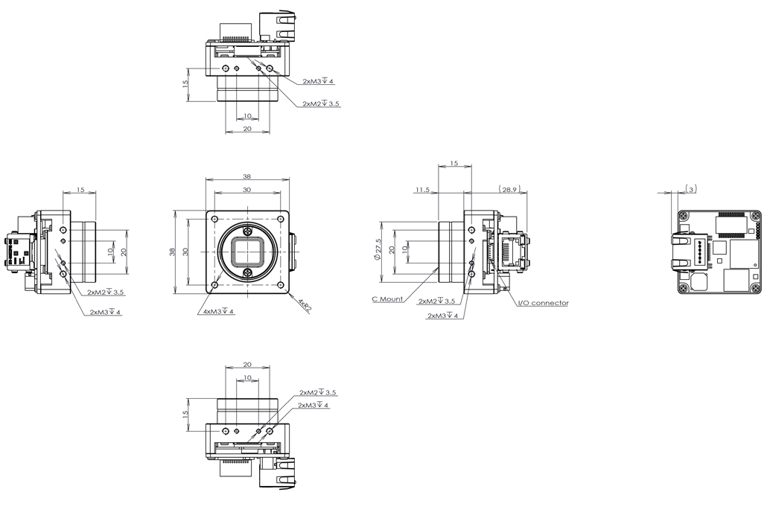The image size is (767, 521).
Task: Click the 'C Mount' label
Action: [x=387, y=298]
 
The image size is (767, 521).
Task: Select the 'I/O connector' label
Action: [x=543, y=303]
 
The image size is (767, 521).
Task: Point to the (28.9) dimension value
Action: [x=509, y=189]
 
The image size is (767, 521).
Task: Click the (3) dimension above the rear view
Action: [x=691, y=188]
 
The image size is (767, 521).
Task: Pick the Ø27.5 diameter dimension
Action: [x=378, y=249]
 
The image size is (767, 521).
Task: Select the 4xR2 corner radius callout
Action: [x=304, y=305]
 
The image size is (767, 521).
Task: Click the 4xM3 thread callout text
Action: [x=215, y=311]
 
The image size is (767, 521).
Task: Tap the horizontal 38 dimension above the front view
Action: [x=246, y=176]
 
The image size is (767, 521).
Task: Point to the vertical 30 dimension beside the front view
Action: [x=185, y=252]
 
